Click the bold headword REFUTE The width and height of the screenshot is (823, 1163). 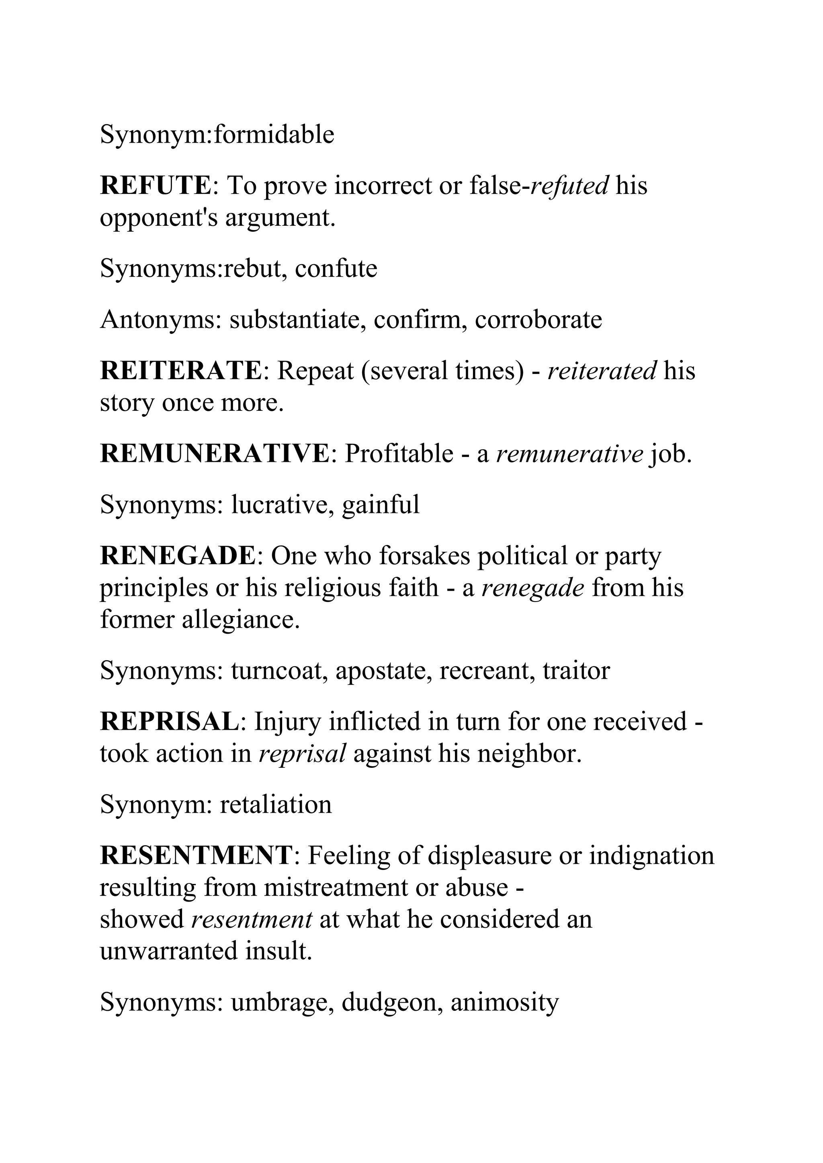point(155,186)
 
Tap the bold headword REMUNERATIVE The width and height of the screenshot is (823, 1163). point(215,453)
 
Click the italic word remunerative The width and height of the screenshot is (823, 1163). point(569,453)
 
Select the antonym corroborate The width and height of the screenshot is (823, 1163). point(538,320)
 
